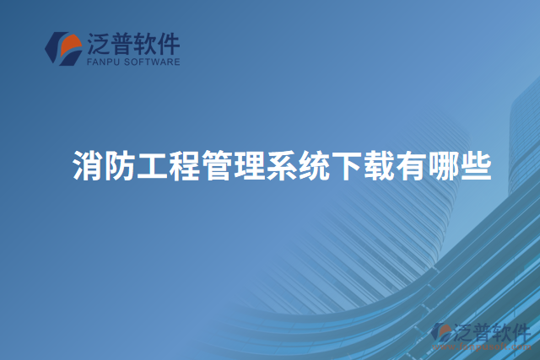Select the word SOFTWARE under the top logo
(x=154, y=62)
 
